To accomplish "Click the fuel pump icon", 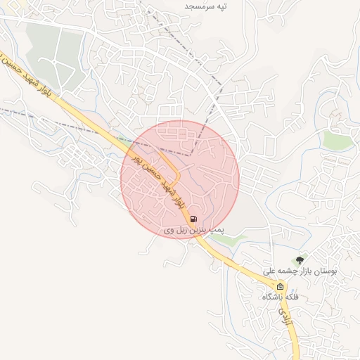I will (193, 219).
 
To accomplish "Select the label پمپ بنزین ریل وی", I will (193, 230).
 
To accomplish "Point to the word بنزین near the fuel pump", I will (198, 230).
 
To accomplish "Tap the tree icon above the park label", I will (302, 260).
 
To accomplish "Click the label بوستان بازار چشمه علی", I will (300, 271).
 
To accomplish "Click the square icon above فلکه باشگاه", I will (281, 287).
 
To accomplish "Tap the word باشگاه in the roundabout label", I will (272, 297).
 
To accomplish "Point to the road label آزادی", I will (283, 309).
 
